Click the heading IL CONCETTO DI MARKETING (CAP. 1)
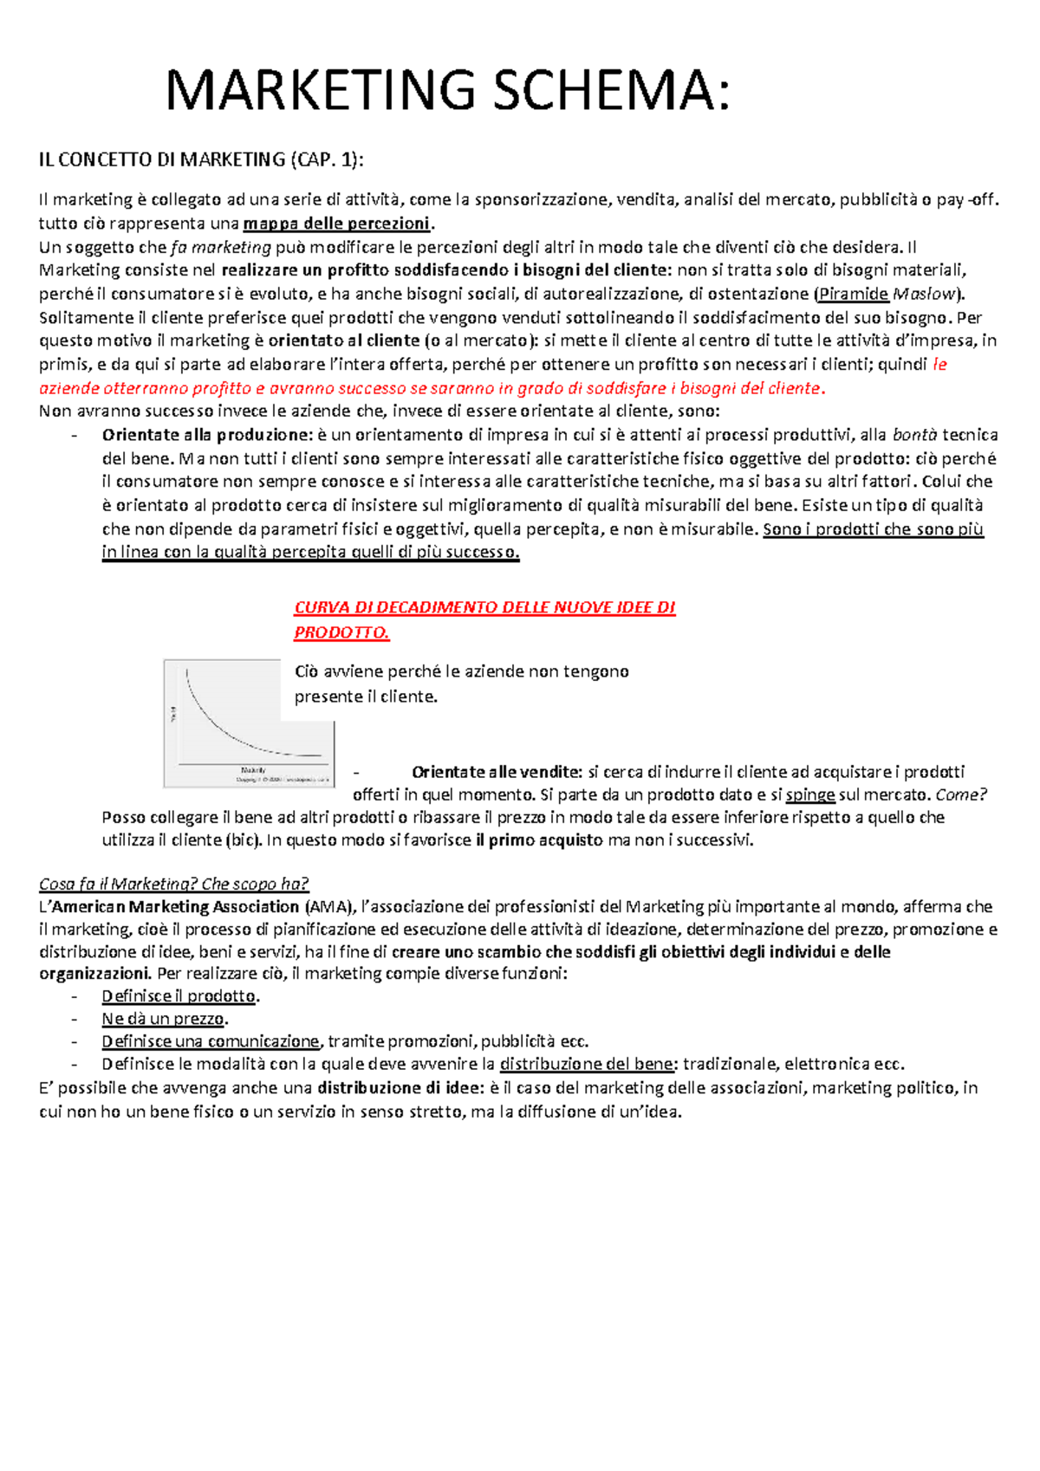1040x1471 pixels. pos(201,159)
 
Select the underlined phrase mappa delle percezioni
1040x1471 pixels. pos(336,224)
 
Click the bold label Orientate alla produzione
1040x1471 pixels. pos(206,435)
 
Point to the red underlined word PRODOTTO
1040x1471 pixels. pos(341,632)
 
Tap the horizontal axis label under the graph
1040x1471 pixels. pos(253,769)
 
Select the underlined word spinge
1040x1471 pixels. pos(809,794)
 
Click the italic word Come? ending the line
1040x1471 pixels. pos(961,794)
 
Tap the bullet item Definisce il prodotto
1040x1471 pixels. pos(179,996)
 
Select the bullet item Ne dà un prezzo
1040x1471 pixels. pos(164,1019)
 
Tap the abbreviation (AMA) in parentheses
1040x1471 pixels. pos(329,906)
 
